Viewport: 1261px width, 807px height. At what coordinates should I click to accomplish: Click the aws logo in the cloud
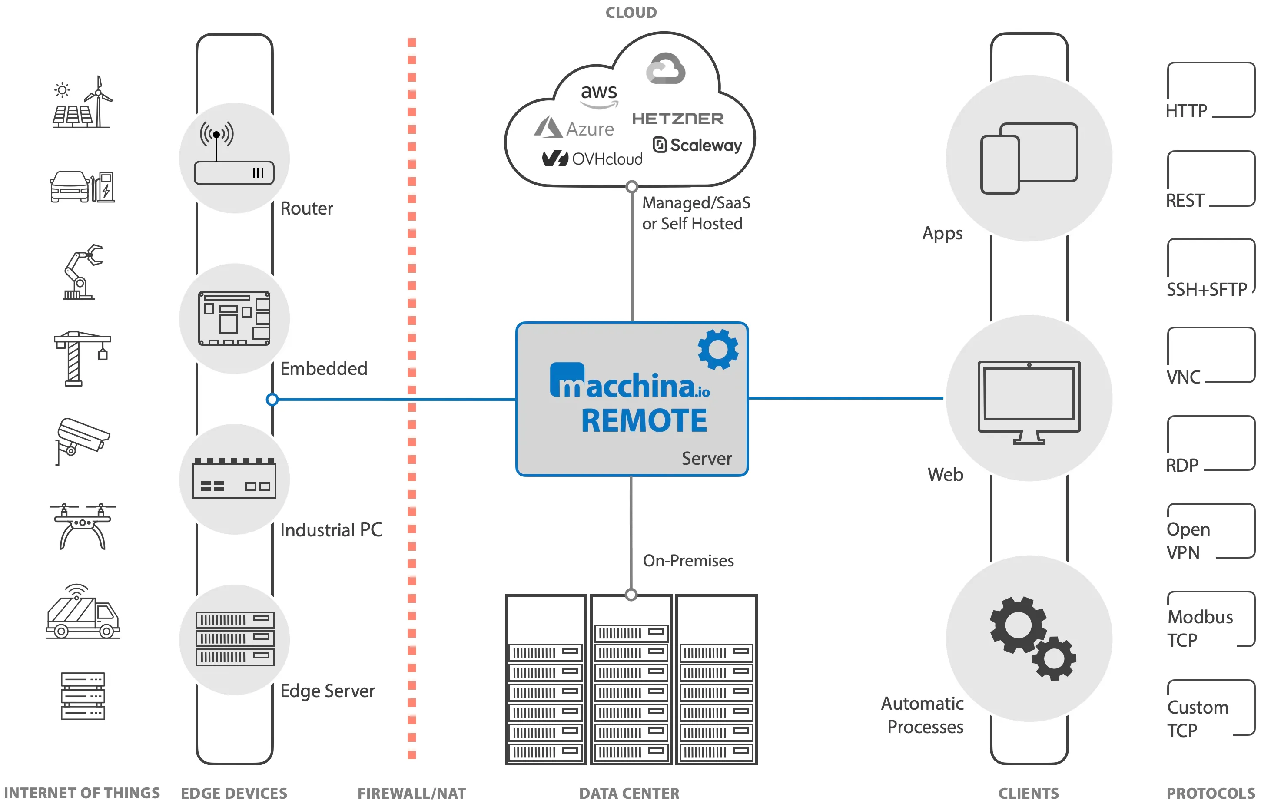[x=599, y=95]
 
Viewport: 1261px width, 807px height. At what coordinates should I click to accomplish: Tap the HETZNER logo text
[x=678, y=119]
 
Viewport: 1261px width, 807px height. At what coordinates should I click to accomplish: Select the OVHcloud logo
[x=592, y=158]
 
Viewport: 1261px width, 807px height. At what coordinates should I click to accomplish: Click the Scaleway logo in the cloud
[x=697, y=145]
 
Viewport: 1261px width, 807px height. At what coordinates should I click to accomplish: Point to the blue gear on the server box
[x=718, y=349]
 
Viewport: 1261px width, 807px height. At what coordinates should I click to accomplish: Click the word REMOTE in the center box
[x=644, y=421]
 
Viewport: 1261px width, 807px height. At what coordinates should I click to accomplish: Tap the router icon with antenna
[x=234, y=155]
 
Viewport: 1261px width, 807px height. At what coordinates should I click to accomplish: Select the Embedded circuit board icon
[x=234, y=318]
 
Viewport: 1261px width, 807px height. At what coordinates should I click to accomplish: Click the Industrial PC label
[x=331, y=530]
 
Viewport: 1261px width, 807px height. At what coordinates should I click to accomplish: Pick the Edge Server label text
[x=328, y=691]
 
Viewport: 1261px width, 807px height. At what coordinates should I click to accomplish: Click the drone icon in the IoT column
[x=82, y=526]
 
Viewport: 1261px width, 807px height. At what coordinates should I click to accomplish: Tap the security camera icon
[x=81, y=439]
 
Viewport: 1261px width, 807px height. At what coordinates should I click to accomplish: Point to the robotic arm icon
[x=82, y=272]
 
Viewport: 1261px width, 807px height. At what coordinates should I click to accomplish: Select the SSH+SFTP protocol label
[x=1206, y=289]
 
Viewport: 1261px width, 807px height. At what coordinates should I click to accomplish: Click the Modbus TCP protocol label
[x=1200, y=628]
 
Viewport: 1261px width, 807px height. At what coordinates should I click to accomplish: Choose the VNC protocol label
[x=1183, y=377]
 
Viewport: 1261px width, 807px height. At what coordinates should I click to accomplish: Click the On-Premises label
[x=688, y=561]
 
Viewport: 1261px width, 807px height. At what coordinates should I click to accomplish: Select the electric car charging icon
[x=82, y=187]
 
